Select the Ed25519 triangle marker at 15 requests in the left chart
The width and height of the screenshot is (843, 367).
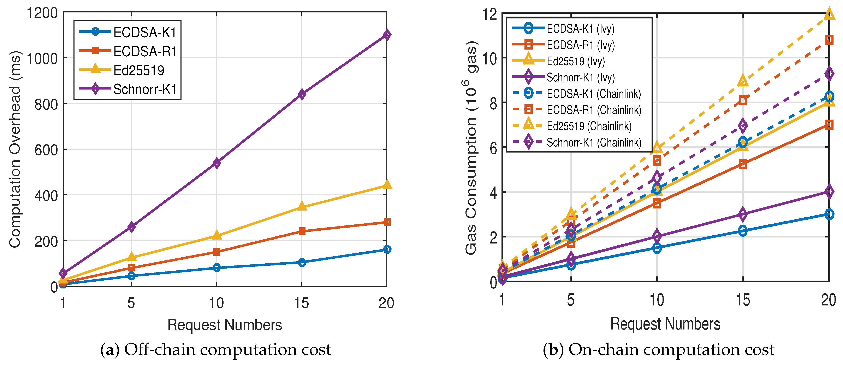point(302,206)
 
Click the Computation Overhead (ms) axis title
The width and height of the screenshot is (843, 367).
point(15,149)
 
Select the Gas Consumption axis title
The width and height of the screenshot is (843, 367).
point(471,148)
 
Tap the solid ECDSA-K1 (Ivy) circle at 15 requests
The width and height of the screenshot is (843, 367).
point(743,231)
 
